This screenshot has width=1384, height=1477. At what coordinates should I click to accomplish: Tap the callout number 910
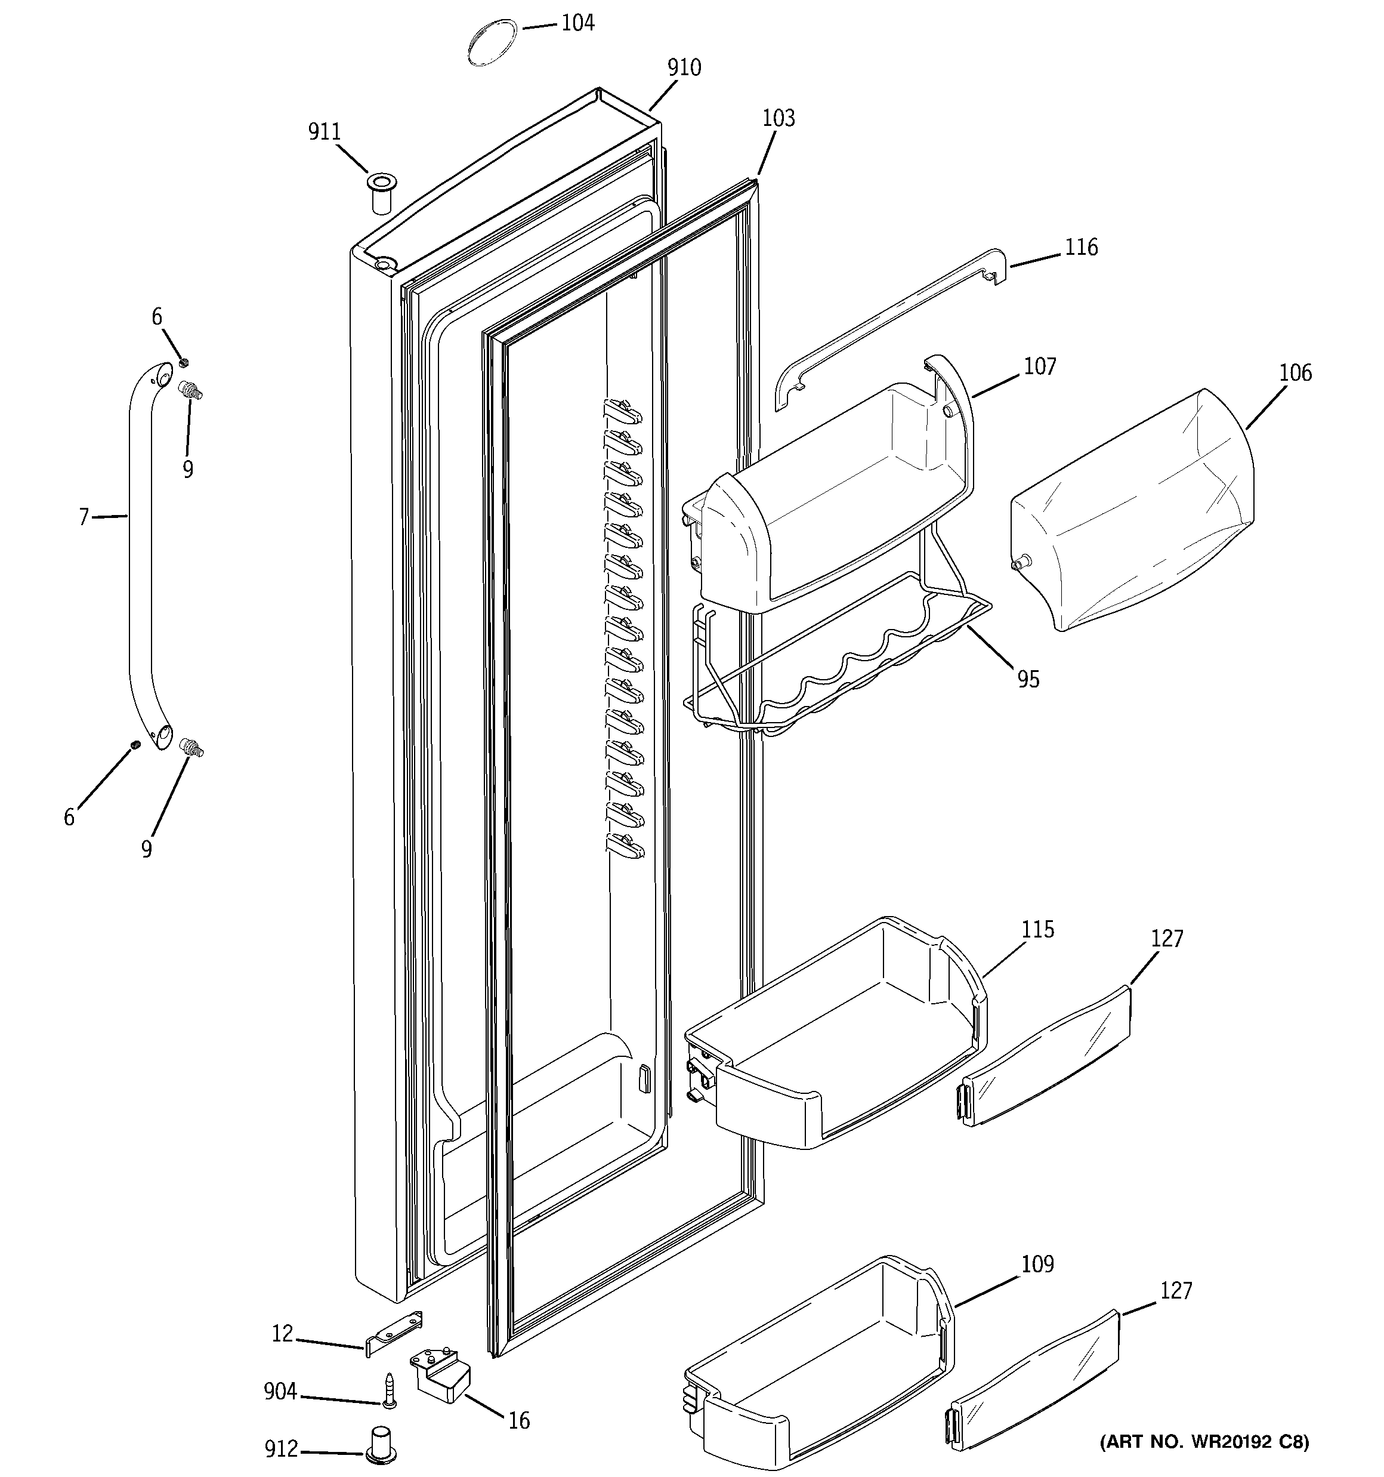coord(684,67)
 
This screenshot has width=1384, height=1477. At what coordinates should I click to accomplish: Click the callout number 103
coord(778,118)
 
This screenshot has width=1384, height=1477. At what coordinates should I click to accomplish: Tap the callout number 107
coord(1039,366)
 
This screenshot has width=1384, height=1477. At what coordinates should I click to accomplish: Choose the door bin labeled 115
coord(832,1040)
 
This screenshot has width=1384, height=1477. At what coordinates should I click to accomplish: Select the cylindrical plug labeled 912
coord(381,1444)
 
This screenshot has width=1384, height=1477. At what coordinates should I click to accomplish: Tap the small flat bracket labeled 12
coord(394,1334)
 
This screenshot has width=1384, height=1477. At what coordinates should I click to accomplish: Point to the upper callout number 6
coord(157,317)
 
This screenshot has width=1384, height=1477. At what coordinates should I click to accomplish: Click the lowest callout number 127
coord(1176,1291)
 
